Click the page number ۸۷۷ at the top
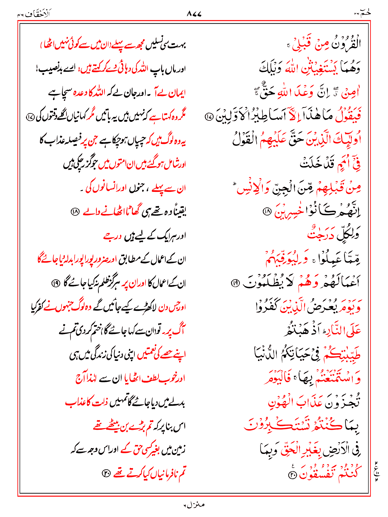click(194, 14)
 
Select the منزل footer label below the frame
click(194, 505)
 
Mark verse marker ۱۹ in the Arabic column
click(235, 283)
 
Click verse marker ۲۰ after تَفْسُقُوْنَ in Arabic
click(293, 475)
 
